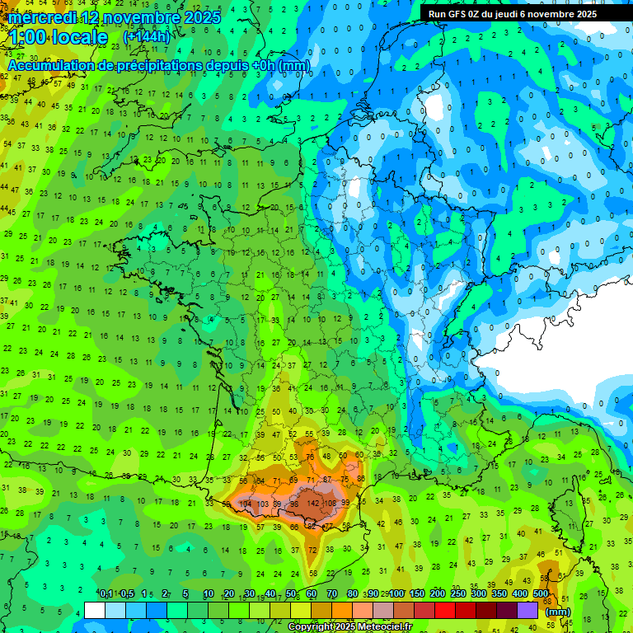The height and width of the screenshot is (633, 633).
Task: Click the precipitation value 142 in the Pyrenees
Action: pos(313,504)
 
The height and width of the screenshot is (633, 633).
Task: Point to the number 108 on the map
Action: pos(331,504)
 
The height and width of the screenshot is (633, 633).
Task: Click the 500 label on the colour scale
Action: pos(541,593)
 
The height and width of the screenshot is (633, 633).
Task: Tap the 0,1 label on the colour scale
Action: pos(105,593)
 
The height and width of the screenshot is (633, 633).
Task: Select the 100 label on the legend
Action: pos(396,593)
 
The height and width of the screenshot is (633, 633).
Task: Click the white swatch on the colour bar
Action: pos(95,610)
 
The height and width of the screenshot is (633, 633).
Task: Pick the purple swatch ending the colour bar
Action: pos(527,610)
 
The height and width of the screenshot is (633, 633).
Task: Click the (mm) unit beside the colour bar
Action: pos(558,612)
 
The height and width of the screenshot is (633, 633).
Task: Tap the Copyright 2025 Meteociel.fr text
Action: pos(349,627)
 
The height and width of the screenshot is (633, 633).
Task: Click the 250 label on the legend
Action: pos(458,593)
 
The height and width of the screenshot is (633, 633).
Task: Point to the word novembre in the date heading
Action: pos(138,17)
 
